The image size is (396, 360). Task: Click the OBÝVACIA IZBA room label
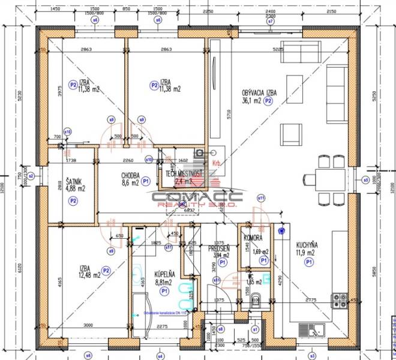(259, 93)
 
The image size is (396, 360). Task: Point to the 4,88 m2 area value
(75, 188)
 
